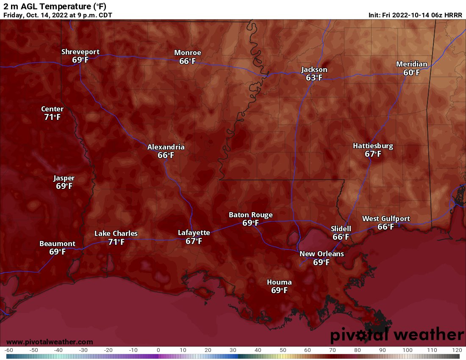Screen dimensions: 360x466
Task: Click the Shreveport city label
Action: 80,52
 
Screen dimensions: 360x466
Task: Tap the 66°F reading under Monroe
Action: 187,61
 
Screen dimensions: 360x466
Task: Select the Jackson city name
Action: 314,70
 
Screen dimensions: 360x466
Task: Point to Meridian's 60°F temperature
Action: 411,73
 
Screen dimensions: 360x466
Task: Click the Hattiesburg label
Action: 373,146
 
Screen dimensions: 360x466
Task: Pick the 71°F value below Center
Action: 52,117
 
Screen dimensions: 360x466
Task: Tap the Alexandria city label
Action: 166,147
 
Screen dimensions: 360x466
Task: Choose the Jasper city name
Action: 64,178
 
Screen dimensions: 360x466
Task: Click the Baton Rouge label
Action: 251,215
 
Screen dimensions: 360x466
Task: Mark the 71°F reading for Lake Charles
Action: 116,242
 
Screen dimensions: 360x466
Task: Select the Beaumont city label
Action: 57,244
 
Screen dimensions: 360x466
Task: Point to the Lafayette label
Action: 194,233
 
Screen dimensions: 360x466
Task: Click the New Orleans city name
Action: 322,254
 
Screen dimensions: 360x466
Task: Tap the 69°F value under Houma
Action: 279,291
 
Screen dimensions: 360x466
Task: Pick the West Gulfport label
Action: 386,219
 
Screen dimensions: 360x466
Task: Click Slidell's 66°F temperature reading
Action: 341,237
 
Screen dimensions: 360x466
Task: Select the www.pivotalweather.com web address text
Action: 50,342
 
